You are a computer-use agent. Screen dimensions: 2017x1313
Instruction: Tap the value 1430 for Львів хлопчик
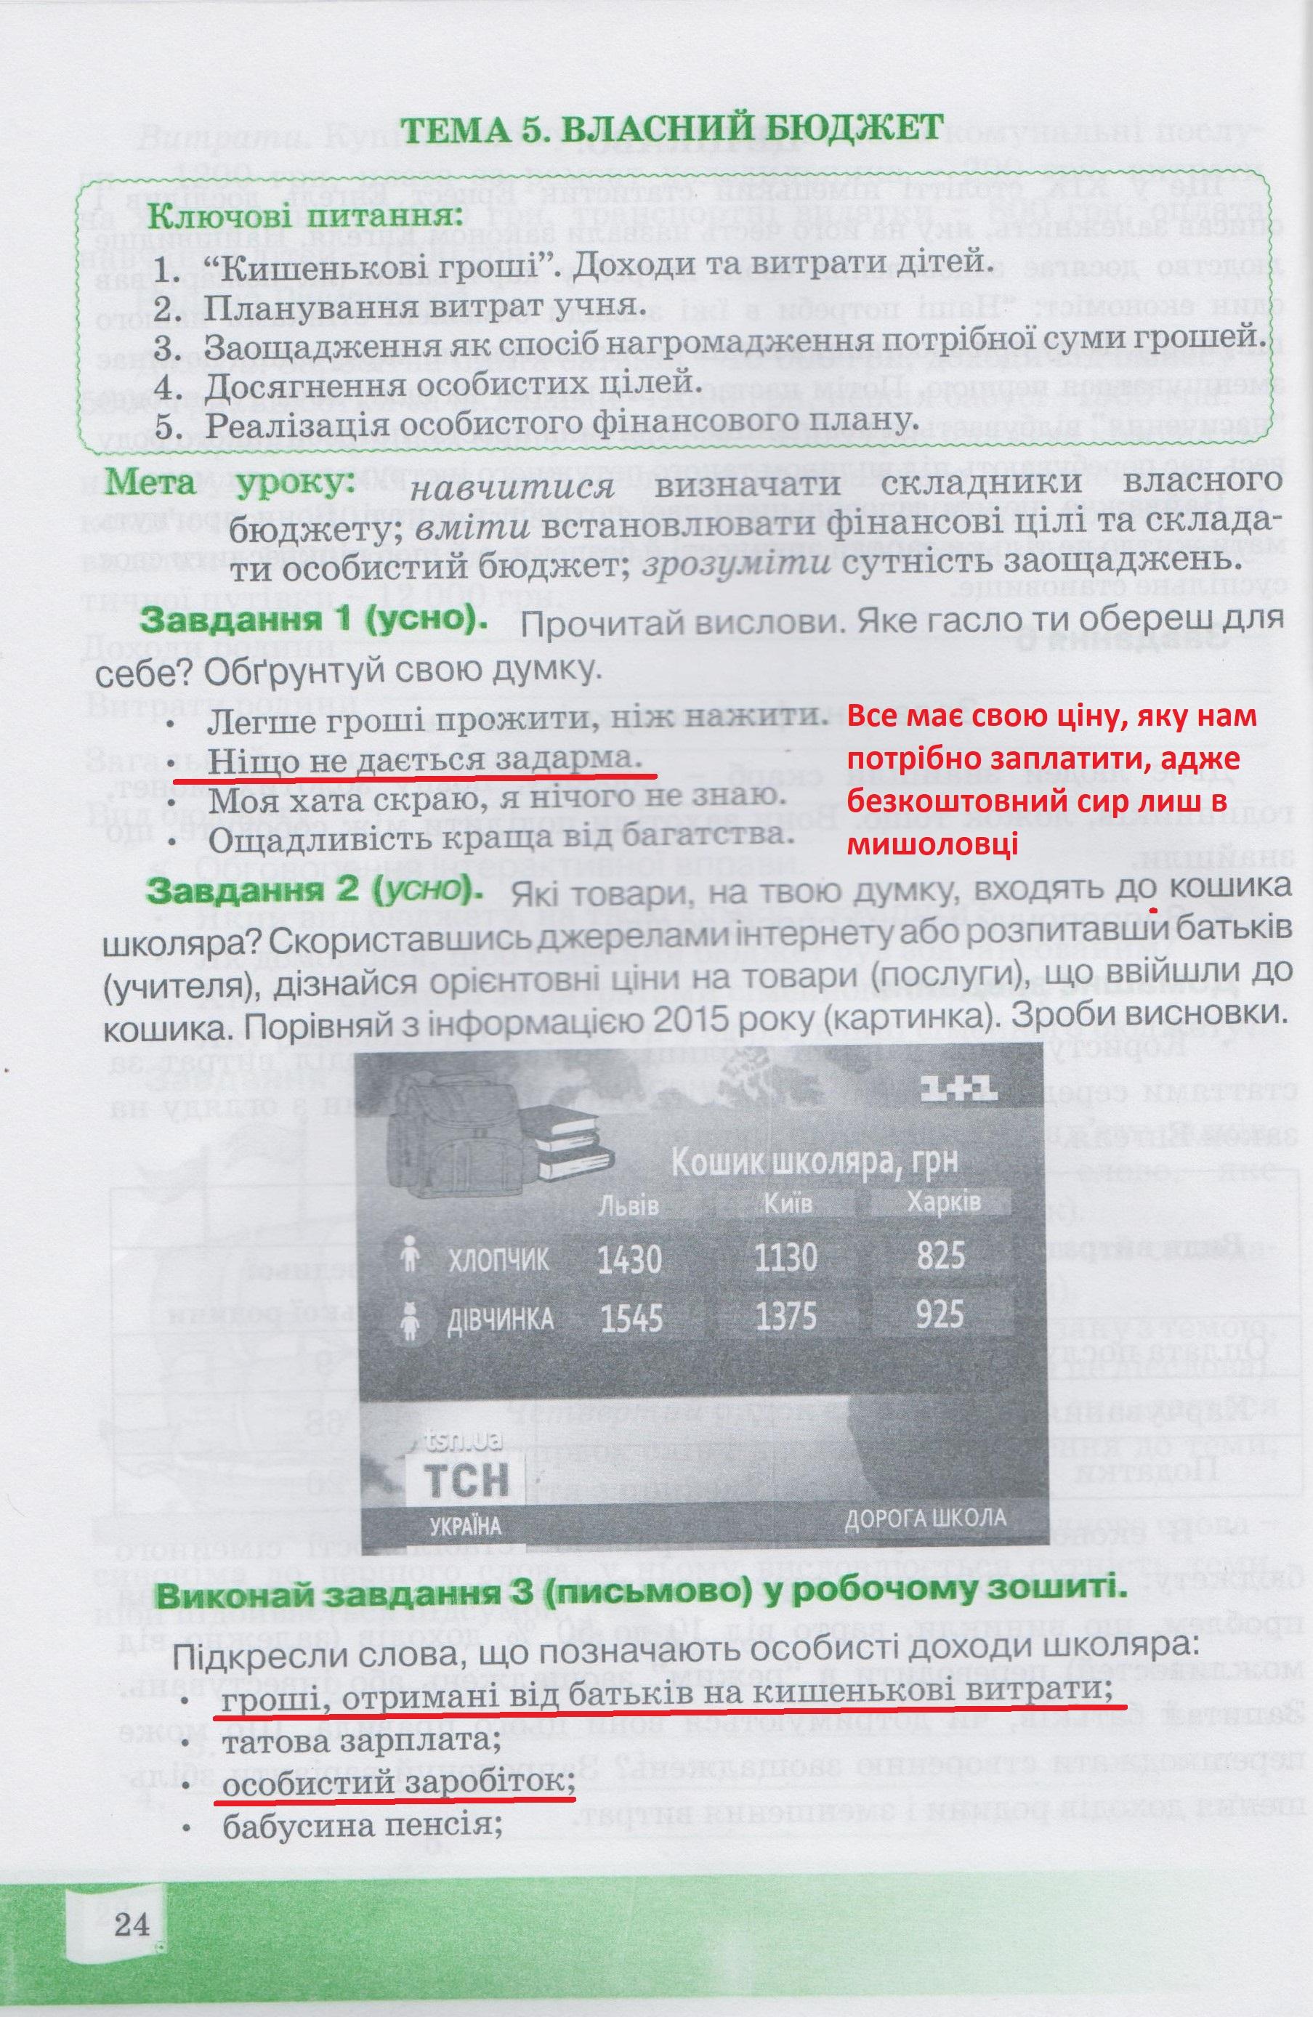[629, 1258]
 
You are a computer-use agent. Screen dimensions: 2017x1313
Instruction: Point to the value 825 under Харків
[940, 1254]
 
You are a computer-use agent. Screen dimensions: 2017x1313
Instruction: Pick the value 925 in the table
[940, 1314]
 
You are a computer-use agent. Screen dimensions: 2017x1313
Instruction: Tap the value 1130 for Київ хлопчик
[785, 1257]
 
